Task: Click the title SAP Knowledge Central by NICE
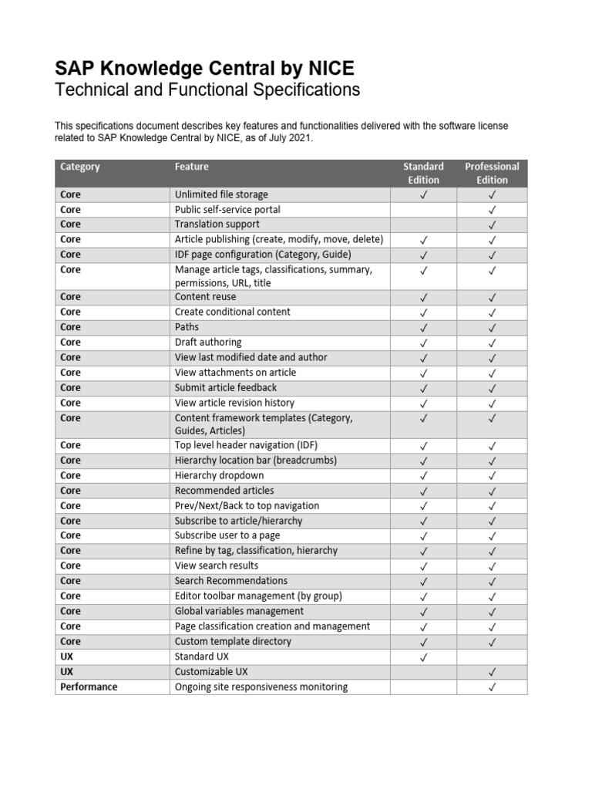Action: [x=204, y=68]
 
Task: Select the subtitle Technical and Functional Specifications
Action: [x=207, y=90]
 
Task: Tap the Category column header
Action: [x=80, y=167]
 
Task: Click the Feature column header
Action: [x=192, y=167]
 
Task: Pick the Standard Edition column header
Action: [x=423, y=173]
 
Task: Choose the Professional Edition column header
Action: [x=492, y=173]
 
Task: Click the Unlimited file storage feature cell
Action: [x=221, y=194]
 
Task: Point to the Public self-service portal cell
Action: [x=227, y=210]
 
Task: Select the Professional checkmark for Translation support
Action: [x=492, y=225]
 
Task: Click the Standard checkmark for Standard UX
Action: [x=423, y=657]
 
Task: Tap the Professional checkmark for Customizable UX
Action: [x=492, y=672]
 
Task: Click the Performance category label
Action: [x=89, y=687]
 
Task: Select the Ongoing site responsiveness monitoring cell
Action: [x=261, y=687]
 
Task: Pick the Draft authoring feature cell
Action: [x=208, y=342]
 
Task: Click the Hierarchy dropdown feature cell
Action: [x=219, y=475]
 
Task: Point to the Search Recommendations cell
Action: [x=231, y=581]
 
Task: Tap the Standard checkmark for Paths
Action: [x=423, y=327]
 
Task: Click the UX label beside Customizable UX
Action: [x=67, y=672]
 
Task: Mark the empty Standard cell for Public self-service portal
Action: [x=423, y=210]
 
